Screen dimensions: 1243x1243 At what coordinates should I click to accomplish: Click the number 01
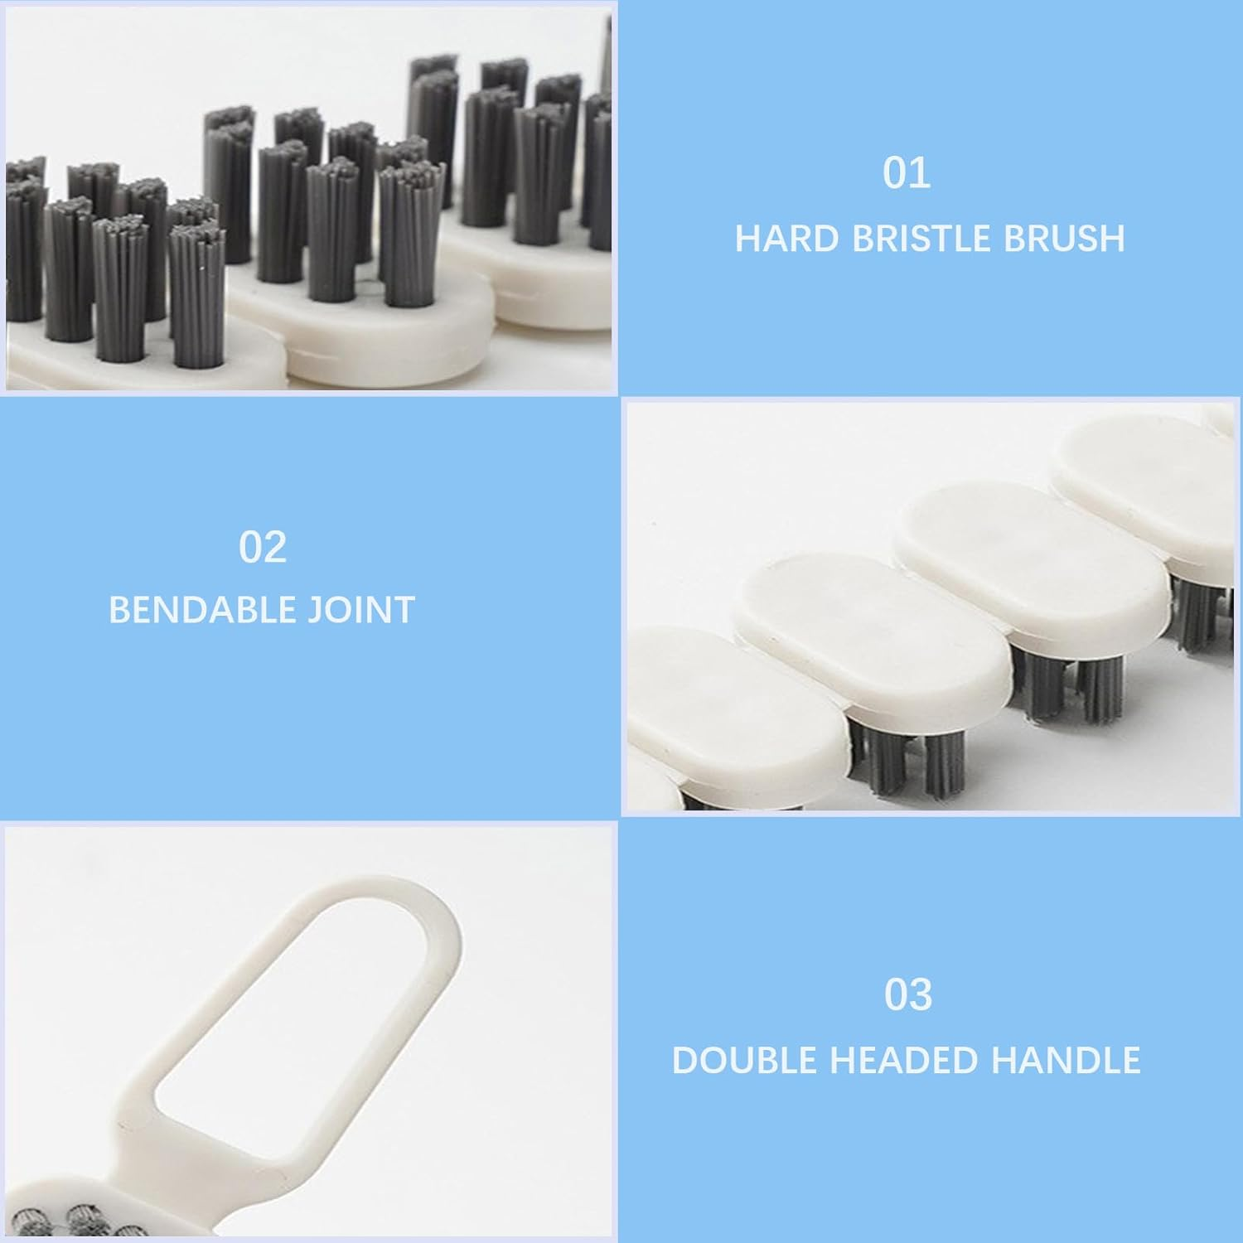tap(907, 174)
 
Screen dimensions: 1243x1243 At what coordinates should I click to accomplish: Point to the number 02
tap(263, 548)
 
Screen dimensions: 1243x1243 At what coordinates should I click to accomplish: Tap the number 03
tap(908, 995)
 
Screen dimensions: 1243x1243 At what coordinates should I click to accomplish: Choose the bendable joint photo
tap(931, 609)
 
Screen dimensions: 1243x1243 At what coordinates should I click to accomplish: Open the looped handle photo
tap(308, 1032)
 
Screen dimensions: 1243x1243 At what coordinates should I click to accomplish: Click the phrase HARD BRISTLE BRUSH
tap(930, 239)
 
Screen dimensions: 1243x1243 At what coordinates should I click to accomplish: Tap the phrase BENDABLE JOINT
tap(262, 610)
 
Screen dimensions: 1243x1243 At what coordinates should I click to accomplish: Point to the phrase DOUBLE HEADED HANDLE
tap(907, 1061)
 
